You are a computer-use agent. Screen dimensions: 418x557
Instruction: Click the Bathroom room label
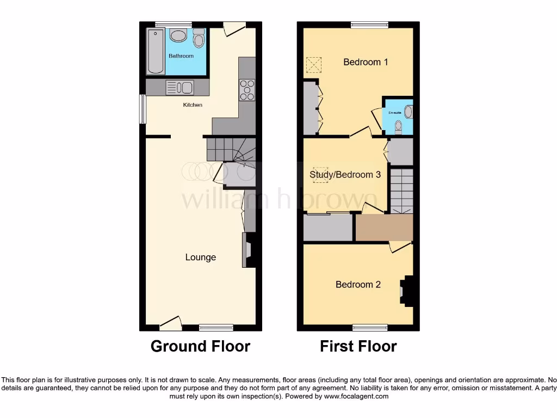click(x=181, y=56)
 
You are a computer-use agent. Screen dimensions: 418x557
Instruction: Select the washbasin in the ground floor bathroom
click(x=178, y=36)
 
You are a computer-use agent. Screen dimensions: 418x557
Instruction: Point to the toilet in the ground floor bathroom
click(x=199, y=38)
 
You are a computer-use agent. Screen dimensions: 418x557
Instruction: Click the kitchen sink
click(x=180, y=87)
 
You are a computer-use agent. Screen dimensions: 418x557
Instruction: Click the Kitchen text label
click(x=193, y=104)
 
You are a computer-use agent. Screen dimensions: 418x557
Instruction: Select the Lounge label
click(x=201, y=257)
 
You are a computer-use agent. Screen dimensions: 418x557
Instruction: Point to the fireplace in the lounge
click(x=248, y=250)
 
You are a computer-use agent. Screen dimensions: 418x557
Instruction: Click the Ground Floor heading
click(x=200, y=346)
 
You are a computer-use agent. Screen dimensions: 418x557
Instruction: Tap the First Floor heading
click(x=358, y=346)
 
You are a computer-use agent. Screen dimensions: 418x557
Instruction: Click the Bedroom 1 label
click(x=366, y=62)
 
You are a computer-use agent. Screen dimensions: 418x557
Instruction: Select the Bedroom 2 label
click(x=358, y=285)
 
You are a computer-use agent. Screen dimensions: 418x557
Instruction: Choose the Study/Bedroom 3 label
click(x=345, y=175)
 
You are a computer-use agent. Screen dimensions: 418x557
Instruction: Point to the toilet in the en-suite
click(x=398, y=126)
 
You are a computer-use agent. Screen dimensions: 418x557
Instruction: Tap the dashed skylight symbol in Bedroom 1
click(x=313, y=65)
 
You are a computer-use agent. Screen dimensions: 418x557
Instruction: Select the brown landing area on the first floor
click(x=384, y=227)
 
